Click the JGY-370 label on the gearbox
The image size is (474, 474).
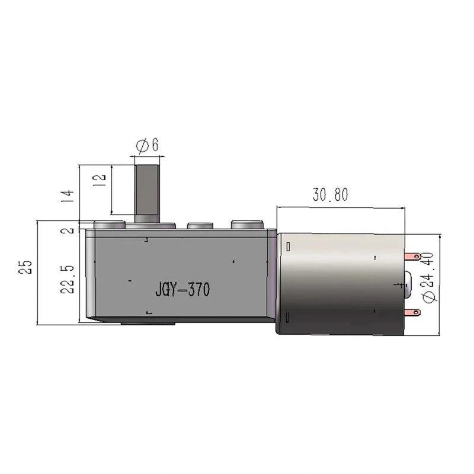pos(182,289)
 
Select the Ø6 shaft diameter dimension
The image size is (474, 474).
pos(147,145)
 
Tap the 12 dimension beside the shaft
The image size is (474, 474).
pos(100,180)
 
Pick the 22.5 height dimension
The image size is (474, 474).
pos(67,279)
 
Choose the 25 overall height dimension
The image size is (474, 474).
pos(25,267)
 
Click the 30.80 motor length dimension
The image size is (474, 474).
pos(331,194)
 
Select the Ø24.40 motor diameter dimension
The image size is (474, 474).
pos(429,277)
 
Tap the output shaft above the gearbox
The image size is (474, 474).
pos(147,194)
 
